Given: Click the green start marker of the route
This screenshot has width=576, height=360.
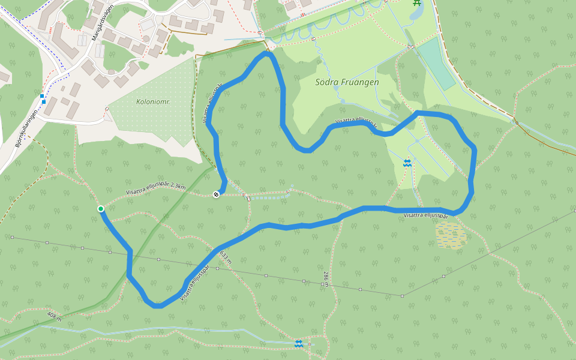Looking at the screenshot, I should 101,209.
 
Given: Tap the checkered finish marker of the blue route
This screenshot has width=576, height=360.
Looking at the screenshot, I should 216,194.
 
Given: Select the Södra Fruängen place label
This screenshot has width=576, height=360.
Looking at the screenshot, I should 347,82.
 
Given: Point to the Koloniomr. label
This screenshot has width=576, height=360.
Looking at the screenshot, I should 153,102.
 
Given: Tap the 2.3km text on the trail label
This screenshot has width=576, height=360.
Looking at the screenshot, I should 178,187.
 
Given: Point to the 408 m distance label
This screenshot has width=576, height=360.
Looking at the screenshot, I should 54,316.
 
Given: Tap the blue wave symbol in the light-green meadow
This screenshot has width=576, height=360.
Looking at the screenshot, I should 407,163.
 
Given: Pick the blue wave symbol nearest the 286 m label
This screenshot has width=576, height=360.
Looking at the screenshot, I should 298,343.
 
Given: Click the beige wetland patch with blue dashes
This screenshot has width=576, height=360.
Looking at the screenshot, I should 451,235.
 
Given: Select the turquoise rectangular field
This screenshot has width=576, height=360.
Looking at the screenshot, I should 436,63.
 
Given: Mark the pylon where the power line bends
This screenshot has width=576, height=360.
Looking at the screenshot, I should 403,295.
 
